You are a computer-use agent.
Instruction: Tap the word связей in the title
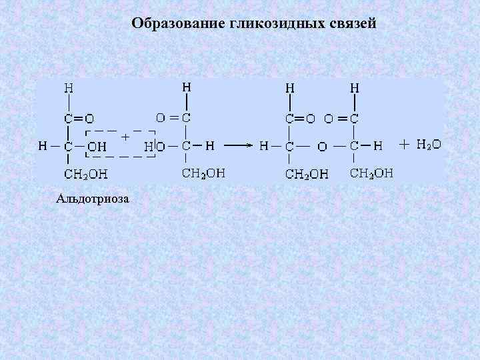[353, 24]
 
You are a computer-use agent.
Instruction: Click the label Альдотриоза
[93, 198]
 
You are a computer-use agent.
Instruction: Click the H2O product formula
[428, 144]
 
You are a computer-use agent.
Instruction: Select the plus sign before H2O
[404, 144]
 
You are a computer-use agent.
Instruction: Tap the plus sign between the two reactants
[125, 136]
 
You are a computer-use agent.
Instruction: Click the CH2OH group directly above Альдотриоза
[86, 174]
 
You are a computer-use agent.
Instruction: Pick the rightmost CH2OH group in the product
[371, 173]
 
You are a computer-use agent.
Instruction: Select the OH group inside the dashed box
[97, 145]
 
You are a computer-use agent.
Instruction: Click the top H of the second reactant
[187, 87]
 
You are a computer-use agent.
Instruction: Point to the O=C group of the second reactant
[173, 117]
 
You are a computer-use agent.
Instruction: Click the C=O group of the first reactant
[79, 118]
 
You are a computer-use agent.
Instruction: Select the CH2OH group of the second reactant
[203, 173]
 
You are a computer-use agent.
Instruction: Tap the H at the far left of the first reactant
[42, 145]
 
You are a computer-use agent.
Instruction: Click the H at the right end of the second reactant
[209, 145]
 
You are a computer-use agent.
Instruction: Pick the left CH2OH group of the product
[307, 174]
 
